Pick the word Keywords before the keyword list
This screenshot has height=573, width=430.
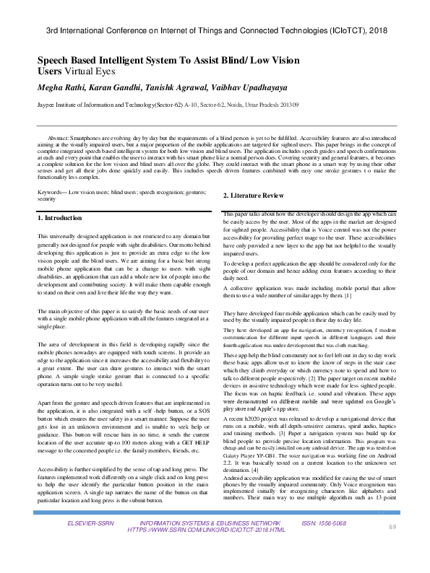(x=51, y=191)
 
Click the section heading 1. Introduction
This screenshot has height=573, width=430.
(x=61, y=217)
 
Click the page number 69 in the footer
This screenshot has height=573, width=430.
(x=393, y=548)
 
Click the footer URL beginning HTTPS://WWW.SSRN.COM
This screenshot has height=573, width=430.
(x=206, y=549)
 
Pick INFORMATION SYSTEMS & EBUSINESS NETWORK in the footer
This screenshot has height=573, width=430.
(x=210, y=541)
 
